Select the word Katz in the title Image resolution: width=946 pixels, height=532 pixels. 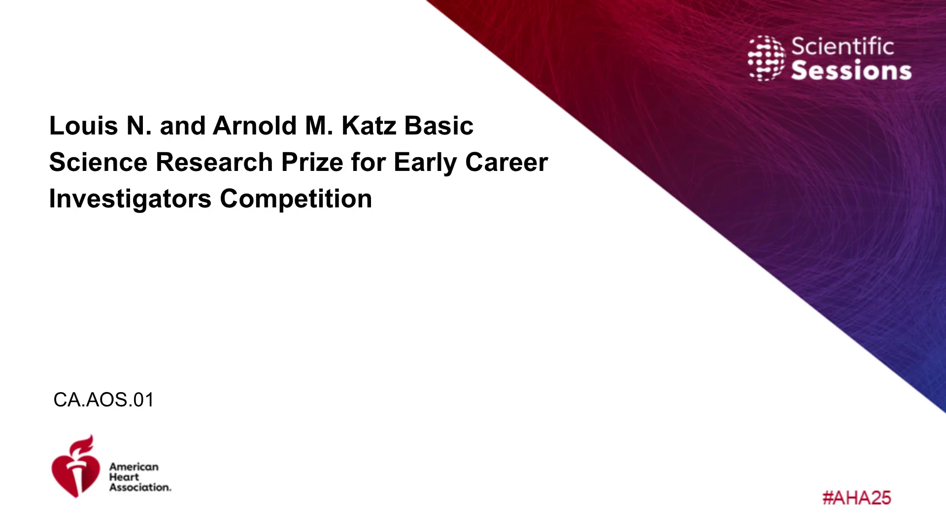tap(369, 126)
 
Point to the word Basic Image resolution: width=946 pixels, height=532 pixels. tap(439, 126)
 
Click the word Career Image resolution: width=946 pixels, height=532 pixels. tap(507, 162)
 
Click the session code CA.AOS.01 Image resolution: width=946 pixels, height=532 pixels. tap(103, 399)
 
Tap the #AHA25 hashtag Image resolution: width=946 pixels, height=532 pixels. tap(857, 498)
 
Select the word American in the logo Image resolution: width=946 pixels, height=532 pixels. tap(134, 466)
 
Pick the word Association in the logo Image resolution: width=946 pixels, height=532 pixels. tap(140, 487)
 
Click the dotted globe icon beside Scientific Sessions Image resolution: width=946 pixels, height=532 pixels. tap(766, 58)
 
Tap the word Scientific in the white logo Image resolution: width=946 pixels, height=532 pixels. tap(843, 46)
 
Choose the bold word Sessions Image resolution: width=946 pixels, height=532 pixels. tap(851, 70)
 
